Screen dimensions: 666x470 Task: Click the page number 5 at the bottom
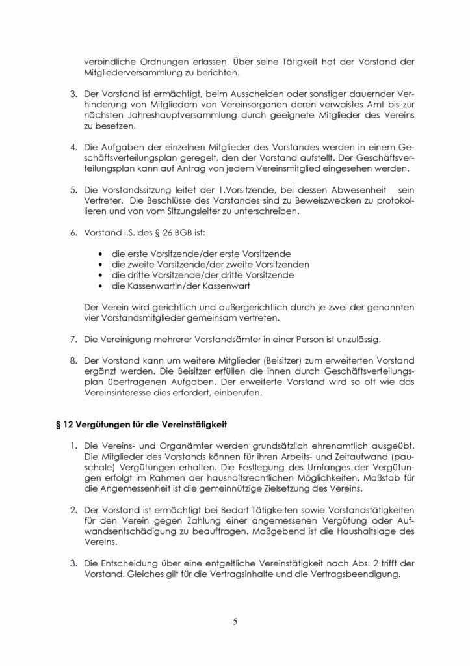click(235, 621)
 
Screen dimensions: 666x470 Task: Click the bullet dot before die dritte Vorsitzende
click(99, 275)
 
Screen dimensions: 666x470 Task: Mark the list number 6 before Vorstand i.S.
click(73, 232)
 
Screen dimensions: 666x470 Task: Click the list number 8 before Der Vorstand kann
click(73, 360)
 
